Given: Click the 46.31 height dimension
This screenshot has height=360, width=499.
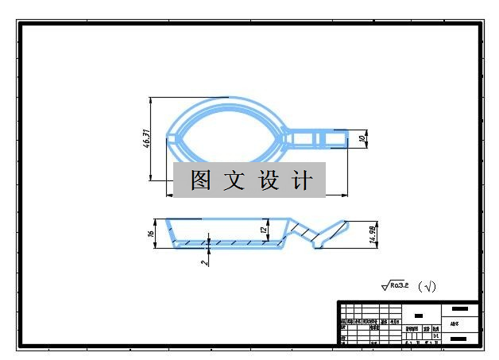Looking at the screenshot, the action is (146, 139).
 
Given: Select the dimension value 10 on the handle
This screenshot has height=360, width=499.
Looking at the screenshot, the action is (362, 138).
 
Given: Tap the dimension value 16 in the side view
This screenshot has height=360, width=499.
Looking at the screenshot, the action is (151, 234).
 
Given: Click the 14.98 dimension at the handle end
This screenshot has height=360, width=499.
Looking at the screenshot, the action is (373, 233).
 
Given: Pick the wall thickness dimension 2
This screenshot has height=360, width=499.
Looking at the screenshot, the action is (204, 260).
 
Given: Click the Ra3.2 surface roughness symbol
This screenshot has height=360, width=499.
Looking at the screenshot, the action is (395, 285).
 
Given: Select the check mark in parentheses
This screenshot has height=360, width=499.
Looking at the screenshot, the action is (427, 287).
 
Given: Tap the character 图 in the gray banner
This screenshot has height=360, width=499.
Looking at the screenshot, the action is (200, 181).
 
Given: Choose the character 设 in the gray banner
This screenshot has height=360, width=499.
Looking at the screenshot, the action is (268, 181).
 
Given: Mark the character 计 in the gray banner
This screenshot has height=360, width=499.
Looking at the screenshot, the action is (302, 181).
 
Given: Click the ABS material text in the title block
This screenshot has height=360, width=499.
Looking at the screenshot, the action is (454, 323).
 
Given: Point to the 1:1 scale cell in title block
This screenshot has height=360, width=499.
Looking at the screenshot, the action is (436, 335).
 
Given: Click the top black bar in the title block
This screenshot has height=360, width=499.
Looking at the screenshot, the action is (459, 308).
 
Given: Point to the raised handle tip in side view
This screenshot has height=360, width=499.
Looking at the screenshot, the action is (346, 226).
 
